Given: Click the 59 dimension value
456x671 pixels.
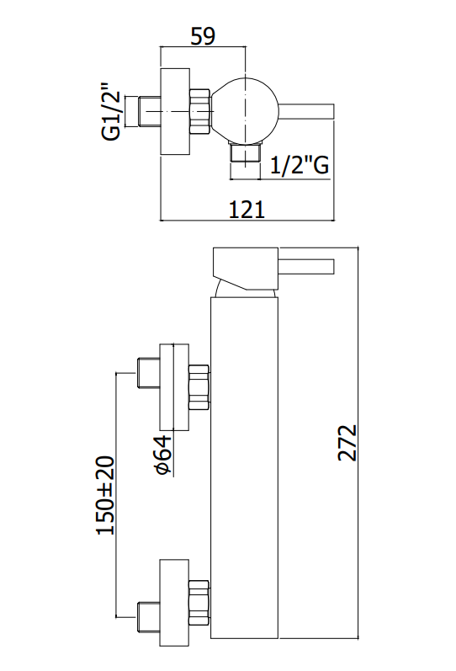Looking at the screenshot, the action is (203, 36).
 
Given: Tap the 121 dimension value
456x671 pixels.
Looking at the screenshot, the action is (247, 210).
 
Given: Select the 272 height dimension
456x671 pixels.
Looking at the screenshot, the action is (347, 443).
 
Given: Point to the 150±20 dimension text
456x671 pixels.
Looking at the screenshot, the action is (106, 496).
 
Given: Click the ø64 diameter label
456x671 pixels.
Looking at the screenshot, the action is (163, 455).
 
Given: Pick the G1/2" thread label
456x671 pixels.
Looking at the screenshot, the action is (111, 111).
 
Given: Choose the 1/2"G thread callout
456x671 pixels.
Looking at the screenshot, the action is (300, 164).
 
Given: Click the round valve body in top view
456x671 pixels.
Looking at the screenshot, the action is (246, 111).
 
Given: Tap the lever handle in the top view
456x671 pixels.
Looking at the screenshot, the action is (307, 111).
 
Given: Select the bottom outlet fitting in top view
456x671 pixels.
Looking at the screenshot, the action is (245, 152).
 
